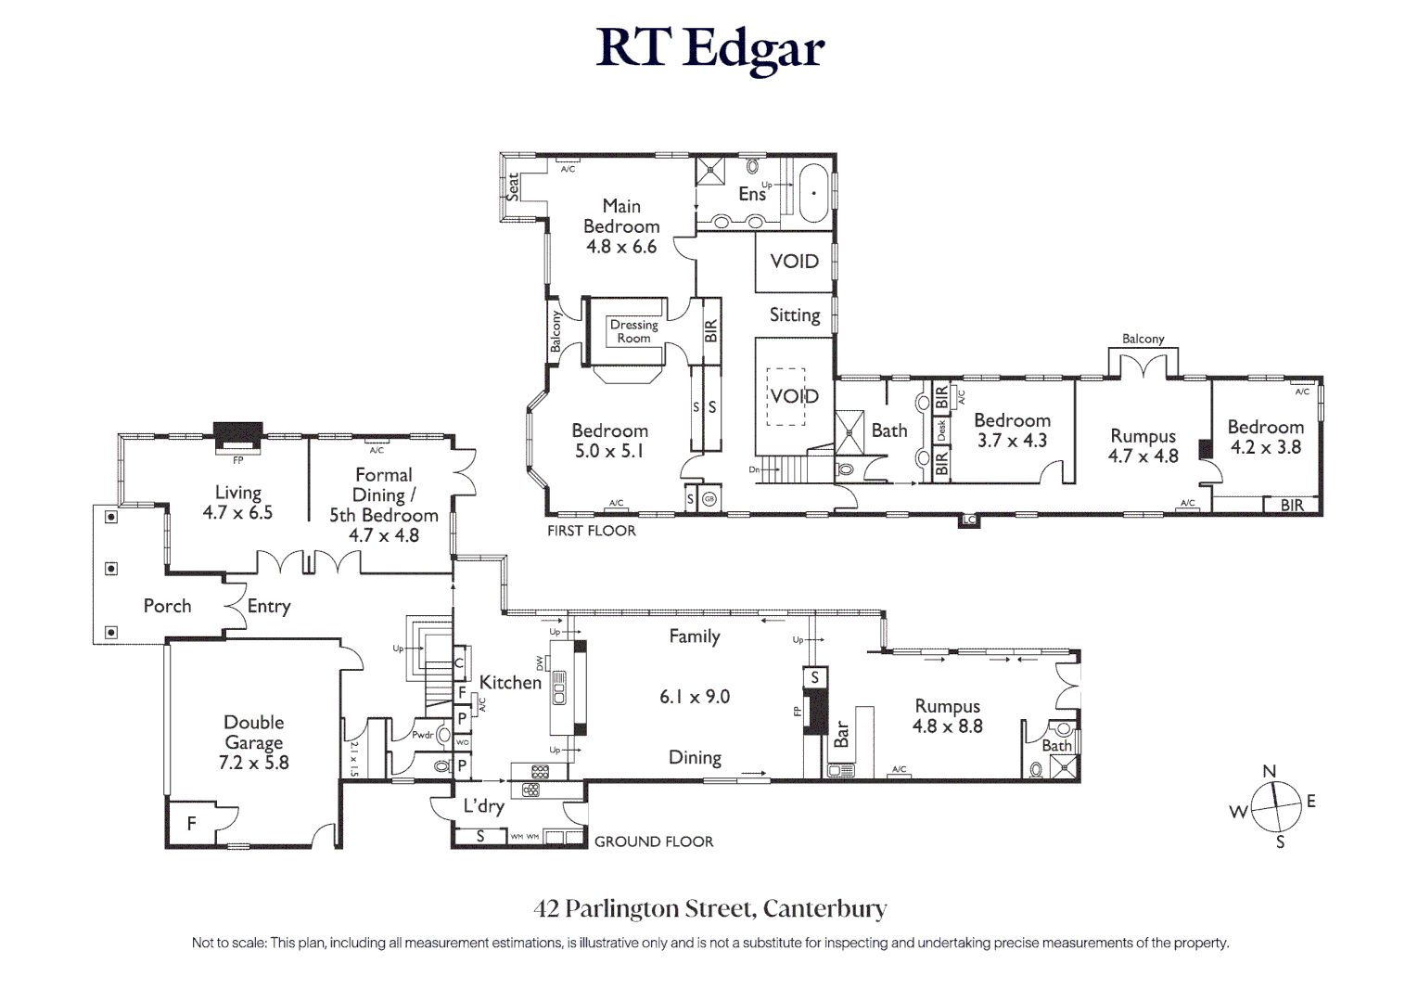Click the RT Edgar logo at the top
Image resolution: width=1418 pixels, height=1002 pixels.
709,47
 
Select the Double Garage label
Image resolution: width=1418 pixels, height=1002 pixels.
253,742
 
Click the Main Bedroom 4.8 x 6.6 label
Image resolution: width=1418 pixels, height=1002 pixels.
621,226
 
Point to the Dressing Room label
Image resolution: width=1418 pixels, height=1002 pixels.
633,331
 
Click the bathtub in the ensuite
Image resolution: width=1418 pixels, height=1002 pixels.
814,193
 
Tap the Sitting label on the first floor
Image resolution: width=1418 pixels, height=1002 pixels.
795,315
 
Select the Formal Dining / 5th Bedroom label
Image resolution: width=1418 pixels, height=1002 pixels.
383,505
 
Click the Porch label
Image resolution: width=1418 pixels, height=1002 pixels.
167,606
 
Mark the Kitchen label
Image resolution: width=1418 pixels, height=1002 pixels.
510,683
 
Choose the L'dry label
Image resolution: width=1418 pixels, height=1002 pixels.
483,805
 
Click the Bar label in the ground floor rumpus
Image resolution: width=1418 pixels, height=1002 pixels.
841,735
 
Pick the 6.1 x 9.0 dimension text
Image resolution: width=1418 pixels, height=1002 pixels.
695,697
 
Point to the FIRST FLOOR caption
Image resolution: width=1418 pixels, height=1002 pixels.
591,531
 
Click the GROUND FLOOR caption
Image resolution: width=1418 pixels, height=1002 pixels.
654,841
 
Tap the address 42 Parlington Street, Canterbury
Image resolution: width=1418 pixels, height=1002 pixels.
709,908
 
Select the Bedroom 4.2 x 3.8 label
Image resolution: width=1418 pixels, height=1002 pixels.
1265,437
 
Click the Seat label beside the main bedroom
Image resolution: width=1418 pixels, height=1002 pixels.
512,186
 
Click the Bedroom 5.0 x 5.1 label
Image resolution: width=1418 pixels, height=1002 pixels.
609,441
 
